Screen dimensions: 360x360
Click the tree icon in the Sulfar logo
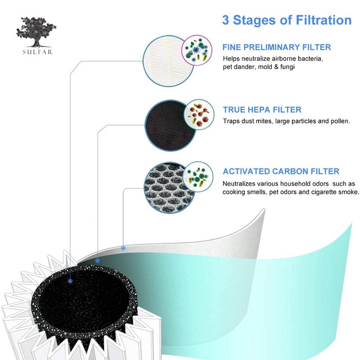coord(36,32)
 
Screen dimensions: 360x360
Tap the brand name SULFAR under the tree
coord(37,52)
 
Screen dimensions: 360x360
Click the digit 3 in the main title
coord(226,20)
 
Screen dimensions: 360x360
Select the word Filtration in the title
coord(324,20)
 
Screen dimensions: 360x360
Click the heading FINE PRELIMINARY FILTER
coord(277,47)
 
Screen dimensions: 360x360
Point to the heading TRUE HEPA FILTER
coord(262,109)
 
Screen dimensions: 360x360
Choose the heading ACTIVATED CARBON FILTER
coord(281,171)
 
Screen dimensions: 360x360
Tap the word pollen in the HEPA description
coord(340,121)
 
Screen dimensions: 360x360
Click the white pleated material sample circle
coord(167,61)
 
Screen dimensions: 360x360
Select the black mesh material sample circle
coord(170,126)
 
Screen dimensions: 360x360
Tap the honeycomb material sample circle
coord(169,188)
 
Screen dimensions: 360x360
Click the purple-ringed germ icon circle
coord(197,50)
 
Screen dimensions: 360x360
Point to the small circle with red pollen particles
coord(199,115)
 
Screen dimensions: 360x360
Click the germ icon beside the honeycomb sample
coord(198,177)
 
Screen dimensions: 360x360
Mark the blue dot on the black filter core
coord(70,281)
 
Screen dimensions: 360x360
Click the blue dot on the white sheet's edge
coord(123,248)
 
